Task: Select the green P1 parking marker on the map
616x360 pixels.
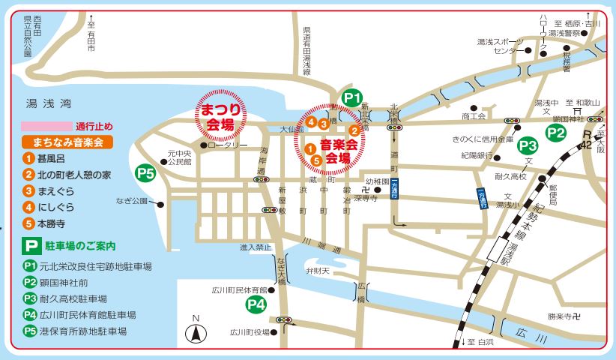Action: click(x=352, y=97)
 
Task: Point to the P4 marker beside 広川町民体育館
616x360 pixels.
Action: click(x=257, y=304)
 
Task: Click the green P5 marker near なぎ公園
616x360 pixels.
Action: click(x=146, y=173)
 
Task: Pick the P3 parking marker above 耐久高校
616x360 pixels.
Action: click(x=528, y=145)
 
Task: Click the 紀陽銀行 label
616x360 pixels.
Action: click(x=477, y=155)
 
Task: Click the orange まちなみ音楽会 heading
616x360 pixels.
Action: click(x=67, y=141)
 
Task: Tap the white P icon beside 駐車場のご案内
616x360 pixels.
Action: click(x=30, y=244)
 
